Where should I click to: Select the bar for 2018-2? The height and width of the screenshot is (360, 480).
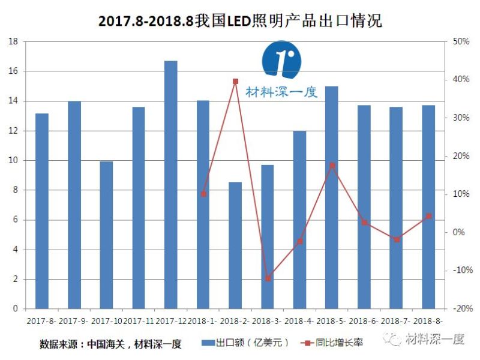point(235,245)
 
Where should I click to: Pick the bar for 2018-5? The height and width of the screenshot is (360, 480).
point(332,198)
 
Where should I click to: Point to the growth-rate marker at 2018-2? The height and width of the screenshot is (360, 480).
point(235,81)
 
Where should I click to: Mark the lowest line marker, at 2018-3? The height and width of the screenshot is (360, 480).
point(268,278)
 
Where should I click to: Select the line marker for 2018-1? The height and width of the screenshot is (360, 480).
point(203,194)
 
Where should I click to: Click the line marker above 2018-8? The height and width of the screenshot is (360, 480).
point(428,216)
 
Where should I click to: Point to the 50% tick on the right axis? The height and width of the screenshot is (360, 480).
point(461,42)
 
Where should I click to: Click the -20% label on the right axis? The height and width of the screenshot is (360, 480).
point(460,308)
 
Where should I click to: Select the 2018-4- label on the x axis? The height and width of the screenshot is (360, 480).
point(299,321)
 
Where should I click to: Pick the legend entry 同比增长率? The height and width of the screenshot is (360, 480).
point(336,343)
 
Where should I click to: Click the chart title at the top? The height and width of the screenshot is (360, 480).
point(240,20)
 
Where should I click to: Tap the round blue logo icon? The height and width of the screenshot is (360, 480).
point(282,60)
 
